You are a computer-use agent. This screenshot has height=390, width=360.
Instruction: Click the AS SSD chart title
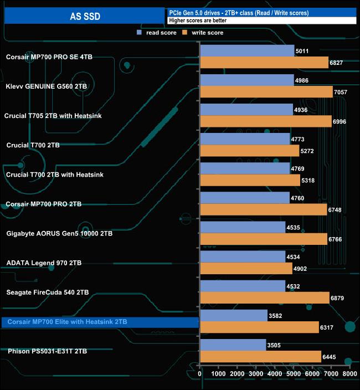click(84, 16)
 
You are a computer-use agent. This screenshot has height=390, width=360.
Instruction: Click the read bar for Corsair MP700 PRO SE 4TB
click(247, 51)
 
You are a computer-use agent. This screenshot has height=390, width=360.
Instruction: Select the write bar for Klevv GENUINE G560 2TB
click(266, 92)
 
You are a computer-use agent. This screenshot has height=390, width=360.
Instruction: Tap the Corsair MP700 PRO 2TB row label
click(44, 204)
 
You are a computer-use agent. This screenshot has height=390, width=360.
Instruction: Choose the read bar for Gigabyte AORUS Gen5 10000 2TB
click(243, 227)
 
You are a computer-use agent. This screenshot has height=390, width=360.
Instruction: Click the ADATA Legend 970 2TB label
click(44, 263)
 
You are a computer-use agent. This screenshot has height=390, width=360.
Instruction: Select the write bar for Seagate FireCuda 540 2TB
click(265, 297)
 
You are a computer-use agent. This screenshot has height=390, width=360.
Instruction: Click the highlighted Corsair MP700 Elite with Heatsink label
click(67, 321)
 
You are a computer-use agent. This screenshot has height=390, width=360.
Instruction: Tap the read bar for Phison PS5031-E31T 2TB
click(233, 345)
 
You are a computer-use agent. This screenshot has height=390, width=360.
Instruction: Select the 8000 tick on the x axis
click(349, 374)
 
